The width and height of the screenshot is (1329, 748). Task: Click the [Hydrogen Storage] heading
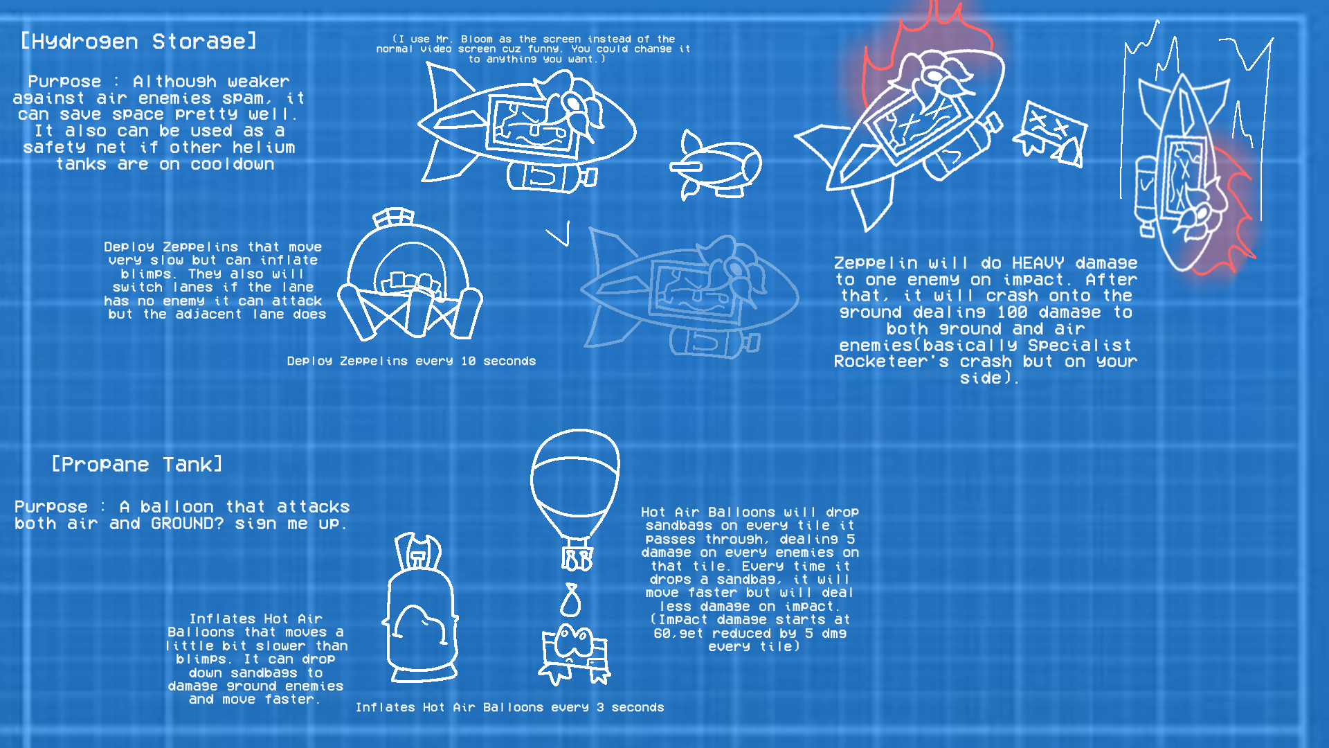pyautogui.click(x=138, y=42)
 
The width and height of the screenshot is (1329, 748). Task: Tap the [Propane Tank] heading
pyautogui.click(x=137, y=465)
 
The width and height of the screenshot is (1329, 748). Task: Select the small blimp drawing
pyautogui.click(x=716, y=165)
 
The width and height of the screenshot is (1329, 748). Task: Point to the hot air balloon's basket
pyautogui.click(x=577, y=559)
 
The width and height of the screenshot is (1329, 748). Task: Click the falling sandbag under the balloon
pyautogui.click(x=570, y=600)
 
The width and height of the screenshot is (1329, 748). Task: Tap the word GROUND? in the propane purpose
pyautogui.click(x=187, y=524)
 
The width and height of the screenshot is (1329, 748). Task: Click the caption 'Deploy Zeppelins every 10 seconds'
pyautogui.click(x=411, y=361)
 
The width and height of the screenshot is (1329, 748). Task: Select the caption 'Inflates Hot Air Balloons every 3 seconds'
pyautogui.click(x=509, y=707)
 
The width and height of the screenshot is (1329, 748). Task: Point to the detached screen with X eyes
pyautogui.click(x=1050, y=134)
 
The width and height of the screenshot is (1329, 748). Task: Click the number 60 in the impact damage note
pyautogui.click(x=662, y=634)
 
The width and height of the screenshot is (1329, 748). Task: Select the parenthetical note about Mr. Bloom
pyautogui.click(x=533, y=49)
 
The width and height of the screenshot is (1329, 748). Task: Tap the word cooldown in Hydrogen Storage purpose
pyautogui.click(x=233, y=165)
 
